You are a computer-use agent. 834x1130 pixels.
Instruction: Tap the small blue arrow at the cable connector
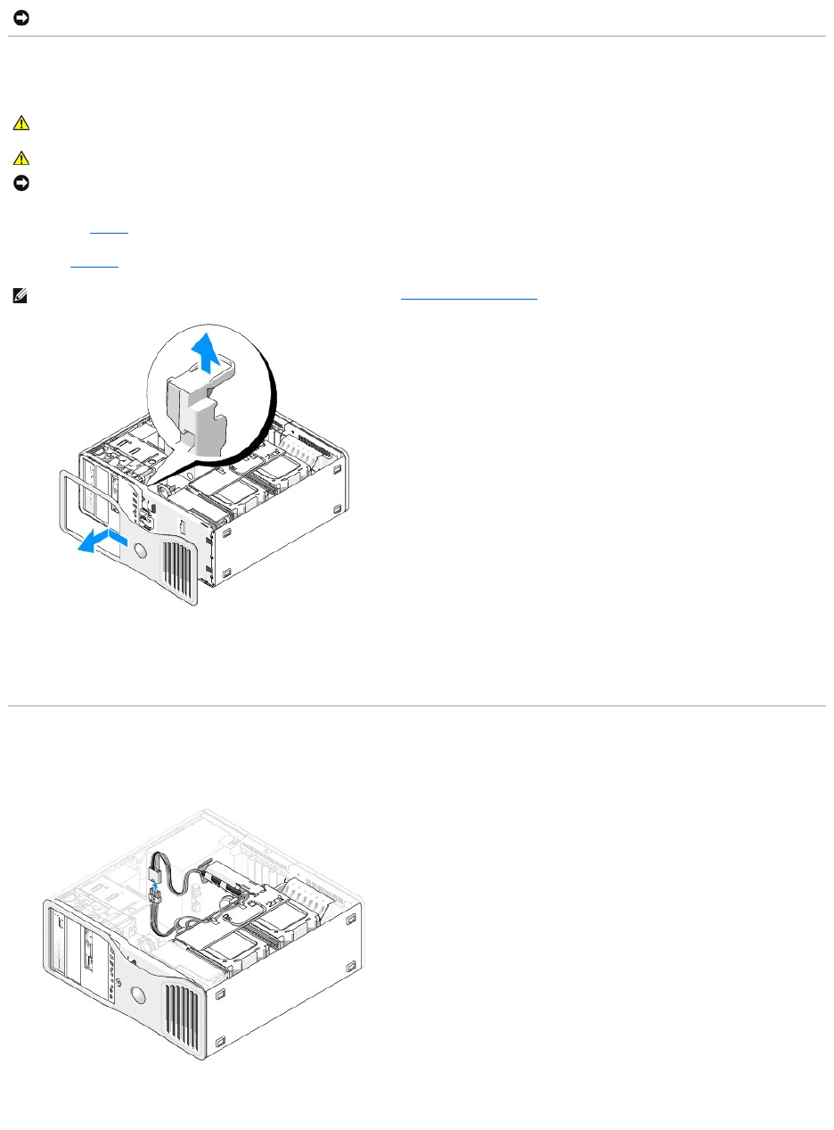click(156, 886)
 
